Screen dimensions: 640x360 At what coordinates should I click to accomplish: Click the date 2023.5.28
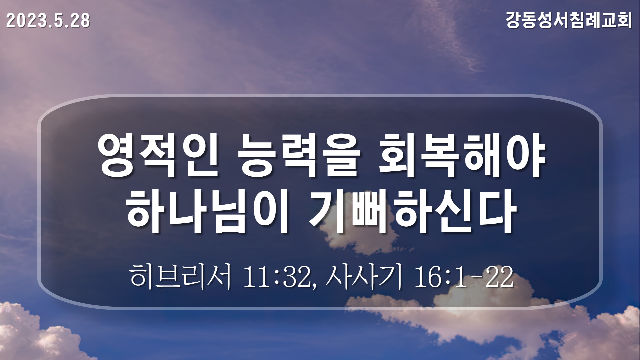pos(48,21)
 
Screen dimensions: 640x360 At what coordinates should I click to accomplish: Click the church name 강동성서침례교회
pos(569,20)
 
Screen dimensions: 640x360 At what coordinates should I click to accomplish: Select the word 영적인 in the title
pos(159,156)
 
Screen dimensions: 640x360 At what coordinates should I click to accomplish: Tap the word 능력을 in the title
pos(299,156)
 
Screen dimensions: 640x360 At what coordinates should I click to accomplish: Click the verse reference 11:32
pos(277,277)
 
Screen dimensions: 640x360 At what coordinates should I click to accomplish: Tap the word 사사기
pos(364,276)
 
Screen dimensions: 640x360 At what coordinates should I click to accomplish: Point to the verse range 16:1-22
pos(463,277)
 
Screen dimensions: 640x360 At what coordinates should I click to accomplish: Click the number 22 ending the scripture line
pos(500,277)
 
